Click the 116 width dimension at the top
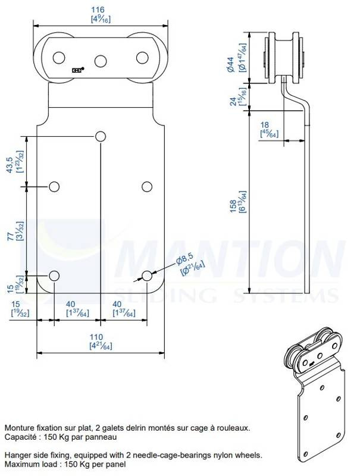(x=98, y=10)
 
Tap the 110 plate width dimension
(x=96, y=337)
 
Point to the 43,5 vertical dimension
(x=10, y=165)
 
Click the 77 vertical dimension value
(x=10, y=236)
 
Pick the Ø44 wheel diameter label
(x=230, y=64)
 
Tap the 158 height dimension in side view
(x=233, y=206)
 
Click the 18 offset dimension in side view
(x=265, y=125)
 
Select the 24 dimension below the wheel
(x=233, y=101)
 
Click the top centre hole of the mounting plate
(x=101, y=137)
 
